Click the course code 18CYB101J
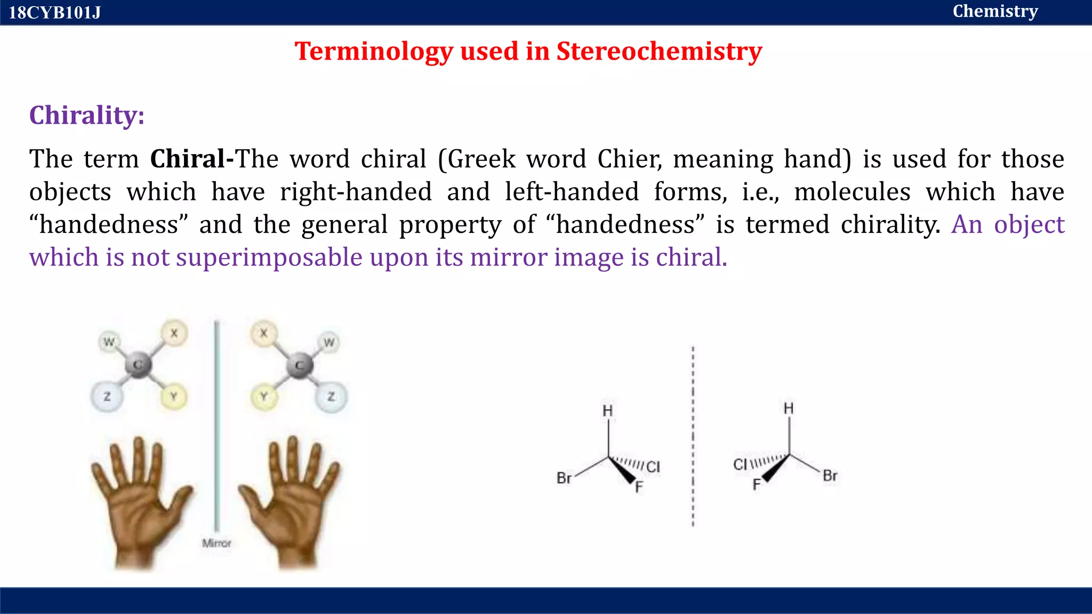54,12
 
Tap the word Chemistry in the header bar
995,11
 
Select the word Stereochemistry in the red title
659,52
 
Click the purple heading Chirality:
87,115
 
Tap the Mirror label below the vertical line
216,543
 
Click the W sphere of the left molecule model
109,342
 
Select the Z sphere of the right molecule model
331,397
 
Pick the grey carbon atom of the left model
138,365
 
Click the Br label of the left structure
564,478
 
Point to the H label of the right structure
789,409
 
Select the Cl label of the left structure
653,467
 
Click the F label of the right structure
756,485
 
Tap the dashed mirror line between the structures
693,437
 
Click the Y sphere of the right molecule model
264,397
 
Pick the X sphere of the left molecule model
174,334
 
